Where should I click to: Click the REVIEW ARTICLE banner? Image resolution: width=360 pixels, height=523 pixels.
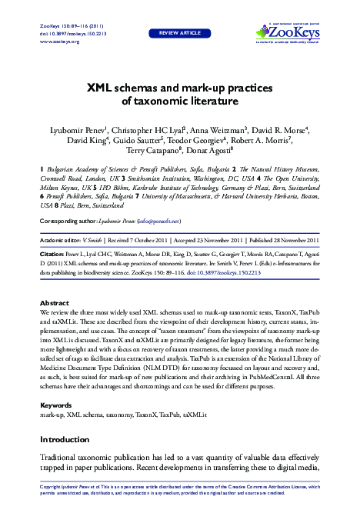(179, 34)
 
